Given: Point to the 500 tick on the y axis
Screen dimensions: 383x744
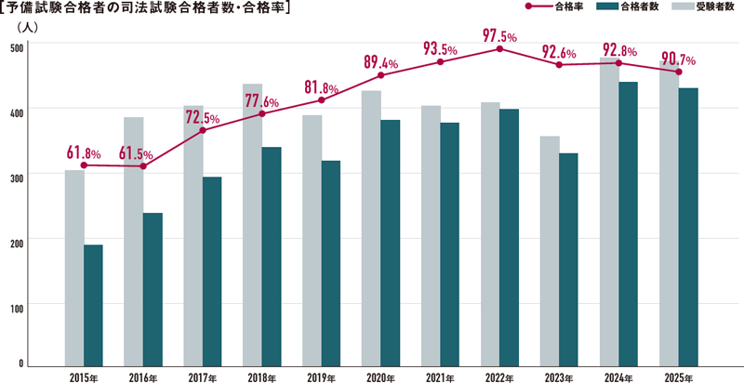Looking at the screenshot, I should click(18, 46).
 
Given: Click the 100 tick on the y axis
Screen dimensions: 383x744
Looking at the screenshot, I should click(18, 304).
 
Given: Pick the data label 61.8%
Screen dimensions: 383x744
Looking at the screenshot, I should click(84, 152).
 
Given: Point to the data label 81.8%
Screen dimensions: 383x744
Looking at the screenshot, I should click(322, 88).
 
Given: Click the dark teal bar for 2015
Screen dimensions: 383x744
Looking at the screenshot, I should click(93, 304).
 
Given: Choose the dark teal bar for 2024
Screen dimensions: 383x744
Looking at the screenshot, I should click(628, 223).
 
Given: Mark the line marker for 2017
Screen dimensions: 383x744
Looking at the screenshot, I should click(203, 130).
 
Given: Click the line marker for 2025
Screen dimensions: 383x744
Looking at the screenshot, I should click(678, 72).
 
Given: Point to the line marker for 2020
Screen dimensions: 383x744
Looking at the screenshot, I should click(380, 75).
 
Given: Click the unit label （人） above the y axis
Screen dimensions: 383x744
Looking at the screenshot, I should click(25, 27).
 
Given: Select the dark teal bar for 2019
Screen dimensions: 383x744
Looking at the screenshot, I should click(330, 262).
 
